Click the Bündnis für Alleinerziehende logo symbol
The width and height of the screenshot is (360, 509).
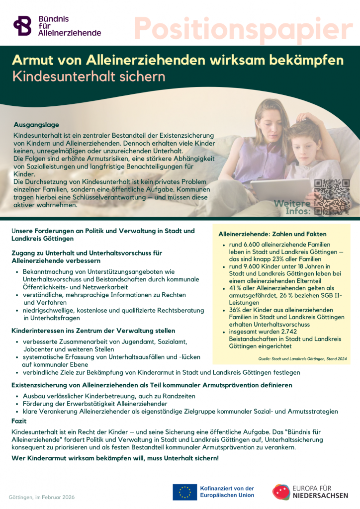22,26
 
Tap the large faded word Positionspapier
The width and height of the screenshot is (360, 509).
244,28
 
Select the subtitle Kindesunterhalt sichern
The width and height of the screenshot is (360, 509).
88,78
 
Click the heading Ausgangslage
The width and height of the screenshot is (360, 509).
36,125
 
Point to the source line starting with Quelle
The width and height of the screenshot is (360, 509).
302,358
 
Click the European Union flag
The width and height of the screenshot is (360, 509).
184,492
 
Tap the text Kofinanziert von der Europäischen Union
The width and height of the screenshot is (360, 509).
226,492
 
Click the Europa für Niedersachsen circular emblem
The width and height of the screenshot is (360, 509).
281,492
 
